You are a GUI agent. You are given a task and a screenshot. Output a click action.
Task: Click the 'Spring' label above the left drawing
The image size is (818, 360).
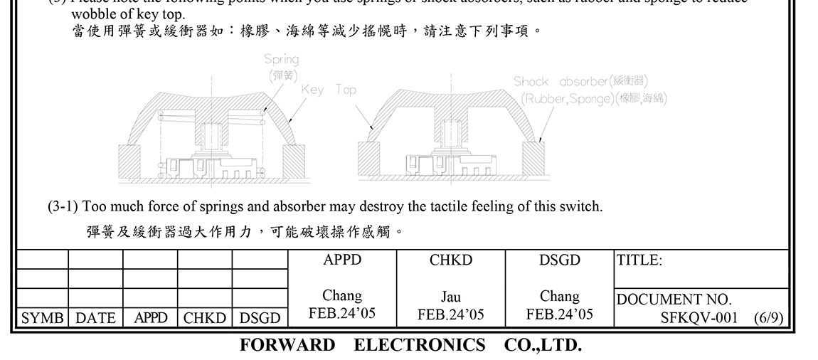coord(281,59)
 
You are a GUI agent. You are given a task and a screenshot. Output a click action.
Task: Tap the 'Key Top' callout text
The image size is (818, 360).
coord(329,90)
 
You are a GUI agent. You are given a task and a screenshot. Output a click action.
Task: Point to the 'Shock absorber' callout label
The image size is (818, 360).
coord(561,82)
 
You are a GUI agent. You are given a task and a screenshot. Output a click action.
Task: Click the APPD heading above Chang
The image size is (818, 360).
coord(342,260)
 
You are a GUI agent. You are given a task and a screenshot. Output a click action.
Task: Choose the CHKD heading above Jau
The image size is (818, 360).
coord(451,260)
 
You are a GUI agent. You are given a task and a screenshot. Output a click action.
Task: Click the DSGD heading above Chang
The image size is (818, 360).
coord(560,260)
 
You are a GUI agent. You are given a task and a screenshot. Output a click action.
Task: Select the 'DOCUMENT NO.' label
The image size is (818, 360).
coord(674,300)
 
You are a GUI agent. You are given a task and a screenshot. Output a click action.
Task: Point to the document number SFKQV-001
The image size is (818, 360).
coord(699,317)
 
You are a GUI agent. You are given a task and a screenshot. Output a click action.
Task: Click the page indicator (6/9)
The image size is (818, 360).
coord(768,317)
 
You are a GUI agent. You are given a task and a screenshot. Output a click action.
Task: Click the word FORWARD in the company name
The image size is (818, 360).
coord(287,346)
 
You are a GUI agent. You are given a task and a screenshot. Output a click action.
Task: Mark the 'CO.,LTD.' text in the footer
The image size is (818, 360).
coord(543,346)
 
